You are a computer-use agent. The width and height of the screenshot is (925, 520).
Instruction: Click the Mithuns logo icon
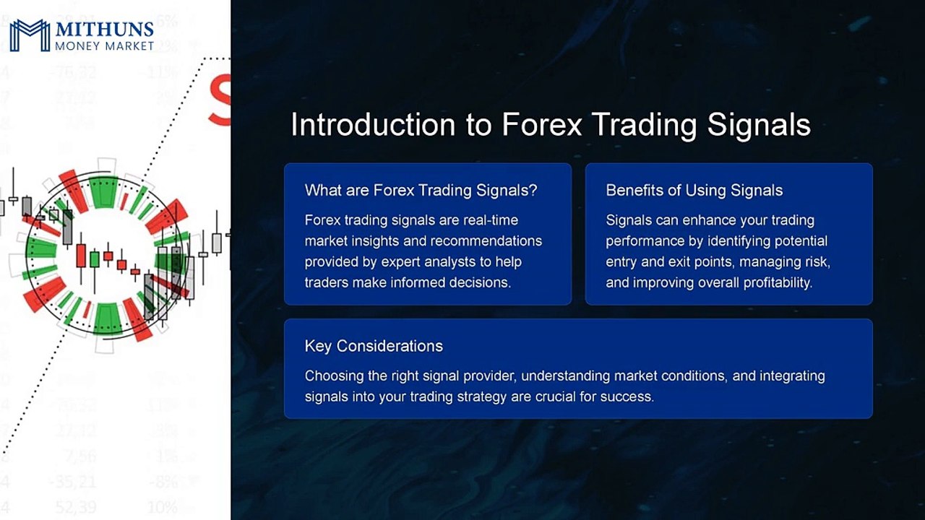coord(29,35)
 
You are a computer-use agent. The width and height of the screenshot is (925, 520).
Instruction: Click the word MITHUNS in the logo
coord(104,30)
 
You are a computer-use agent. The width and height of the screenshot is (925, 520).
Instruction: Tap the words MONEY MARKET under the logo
coord(104,46)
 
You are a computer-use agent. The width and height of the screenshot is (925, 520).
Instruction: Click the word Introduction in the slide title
coord(371,125)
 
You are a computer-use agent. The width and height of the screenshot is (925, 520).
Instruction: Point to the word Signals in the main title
coord(759,125)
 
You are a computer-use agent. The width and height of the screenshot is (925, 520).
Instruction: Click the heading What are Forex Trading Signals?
coord(421,191)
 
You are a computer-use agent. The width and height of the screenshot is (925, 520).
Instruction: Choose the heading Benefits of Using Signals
coord(694,191)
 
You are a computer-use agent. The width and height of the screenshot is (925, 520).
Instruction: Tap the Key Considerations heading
coord(374,346)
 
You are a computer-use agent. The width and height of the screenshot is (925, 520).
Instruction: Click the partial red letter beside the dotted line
coord(220,101)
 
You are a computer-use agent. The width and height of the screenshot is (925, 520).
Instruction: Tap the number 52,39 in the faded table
coord(74,508)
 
